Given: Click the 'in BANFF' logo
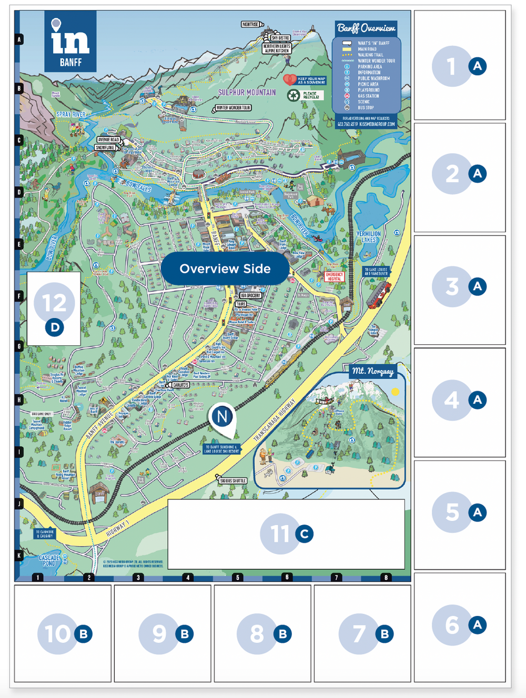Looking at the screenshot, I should (70, 42).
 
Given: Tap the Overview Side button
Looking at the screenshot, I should (225, 269).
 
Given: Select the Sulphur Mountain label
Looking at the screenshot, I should (247, 93).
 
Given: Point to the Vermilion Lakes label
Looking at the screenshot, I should (369, 237).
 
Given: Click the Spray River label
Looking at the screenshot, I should (71, 114).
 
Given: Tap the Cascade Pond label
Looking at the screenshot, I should (49, 560).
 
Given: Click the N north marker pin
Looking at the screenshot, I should (222, 417).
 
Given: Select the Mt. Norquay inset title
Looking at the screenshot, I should (373, 371).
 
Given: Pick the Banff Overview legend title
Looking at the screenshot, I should (366, 28).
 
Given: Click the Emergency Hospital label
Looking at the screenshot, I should (335, 276).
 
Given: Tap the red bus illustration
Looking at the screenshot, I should (379, 295).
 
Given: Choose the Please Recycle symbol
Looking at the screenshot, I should (294, 95).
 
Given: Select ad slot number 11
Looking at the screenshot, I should (286, 533).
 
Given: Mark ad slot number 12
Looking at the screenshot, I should (54, 309).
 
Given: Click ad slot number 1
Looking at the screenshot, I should (459, 66).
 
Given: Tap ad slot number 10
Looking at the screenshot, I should (63, 633).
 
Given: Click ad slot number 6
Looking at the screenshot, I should (459, 625).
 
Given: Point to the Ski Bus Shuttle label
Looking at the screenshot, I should (232, 480).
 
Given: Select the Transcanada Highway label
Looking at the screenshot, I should (275, 419).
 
